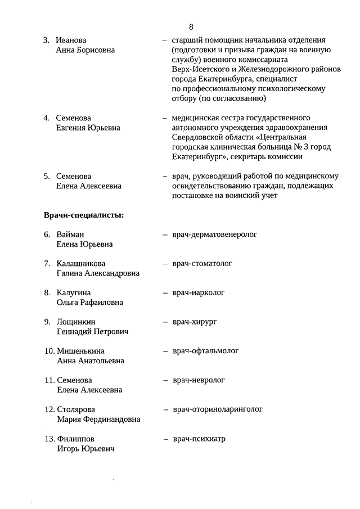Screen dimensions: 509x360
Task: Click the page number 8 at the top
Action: (x=191, y=26)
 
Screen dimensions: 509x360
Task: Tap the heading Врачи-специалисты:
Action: (x=84, y=214)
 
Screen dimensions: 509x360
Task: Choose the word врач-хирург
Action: (x=195, y=322)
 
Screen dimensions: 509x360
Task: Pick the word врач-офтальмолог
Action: (x=206, y=351)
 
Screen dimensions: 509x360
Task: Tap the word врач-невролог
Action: (x=199, y=380)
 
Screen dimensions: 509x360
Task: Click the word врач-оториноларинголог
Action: (x=218, y=409)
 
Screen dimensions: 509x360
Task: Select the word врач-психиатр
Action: (x=199, y=439)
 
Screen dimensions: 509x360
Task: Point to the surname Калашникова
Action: (x=81, y=264)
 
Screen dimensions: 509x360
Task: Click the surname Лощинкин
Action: (x=76, y=322)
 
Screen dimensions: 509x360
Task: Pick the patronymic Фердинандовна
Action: (x=111, y=420)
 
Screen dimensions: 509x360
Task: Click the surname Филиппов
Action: (x=76, y=439)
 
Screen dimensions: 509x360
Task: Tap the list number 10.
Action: (x=48, y=352)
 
